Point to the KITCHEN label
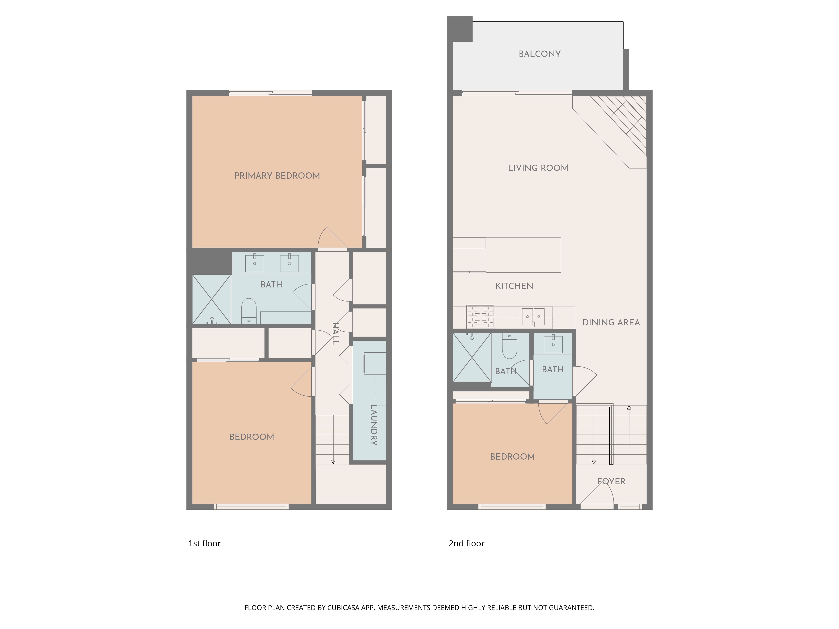514,286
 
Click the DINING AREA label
611,322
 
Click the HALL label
335,334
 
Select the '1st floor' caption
205,543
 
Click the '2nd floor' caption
466,543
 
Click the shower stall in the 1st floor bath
212,299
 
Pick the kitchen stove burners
481,316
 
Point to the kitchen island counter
523,255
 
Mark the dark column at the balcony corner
460,29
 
